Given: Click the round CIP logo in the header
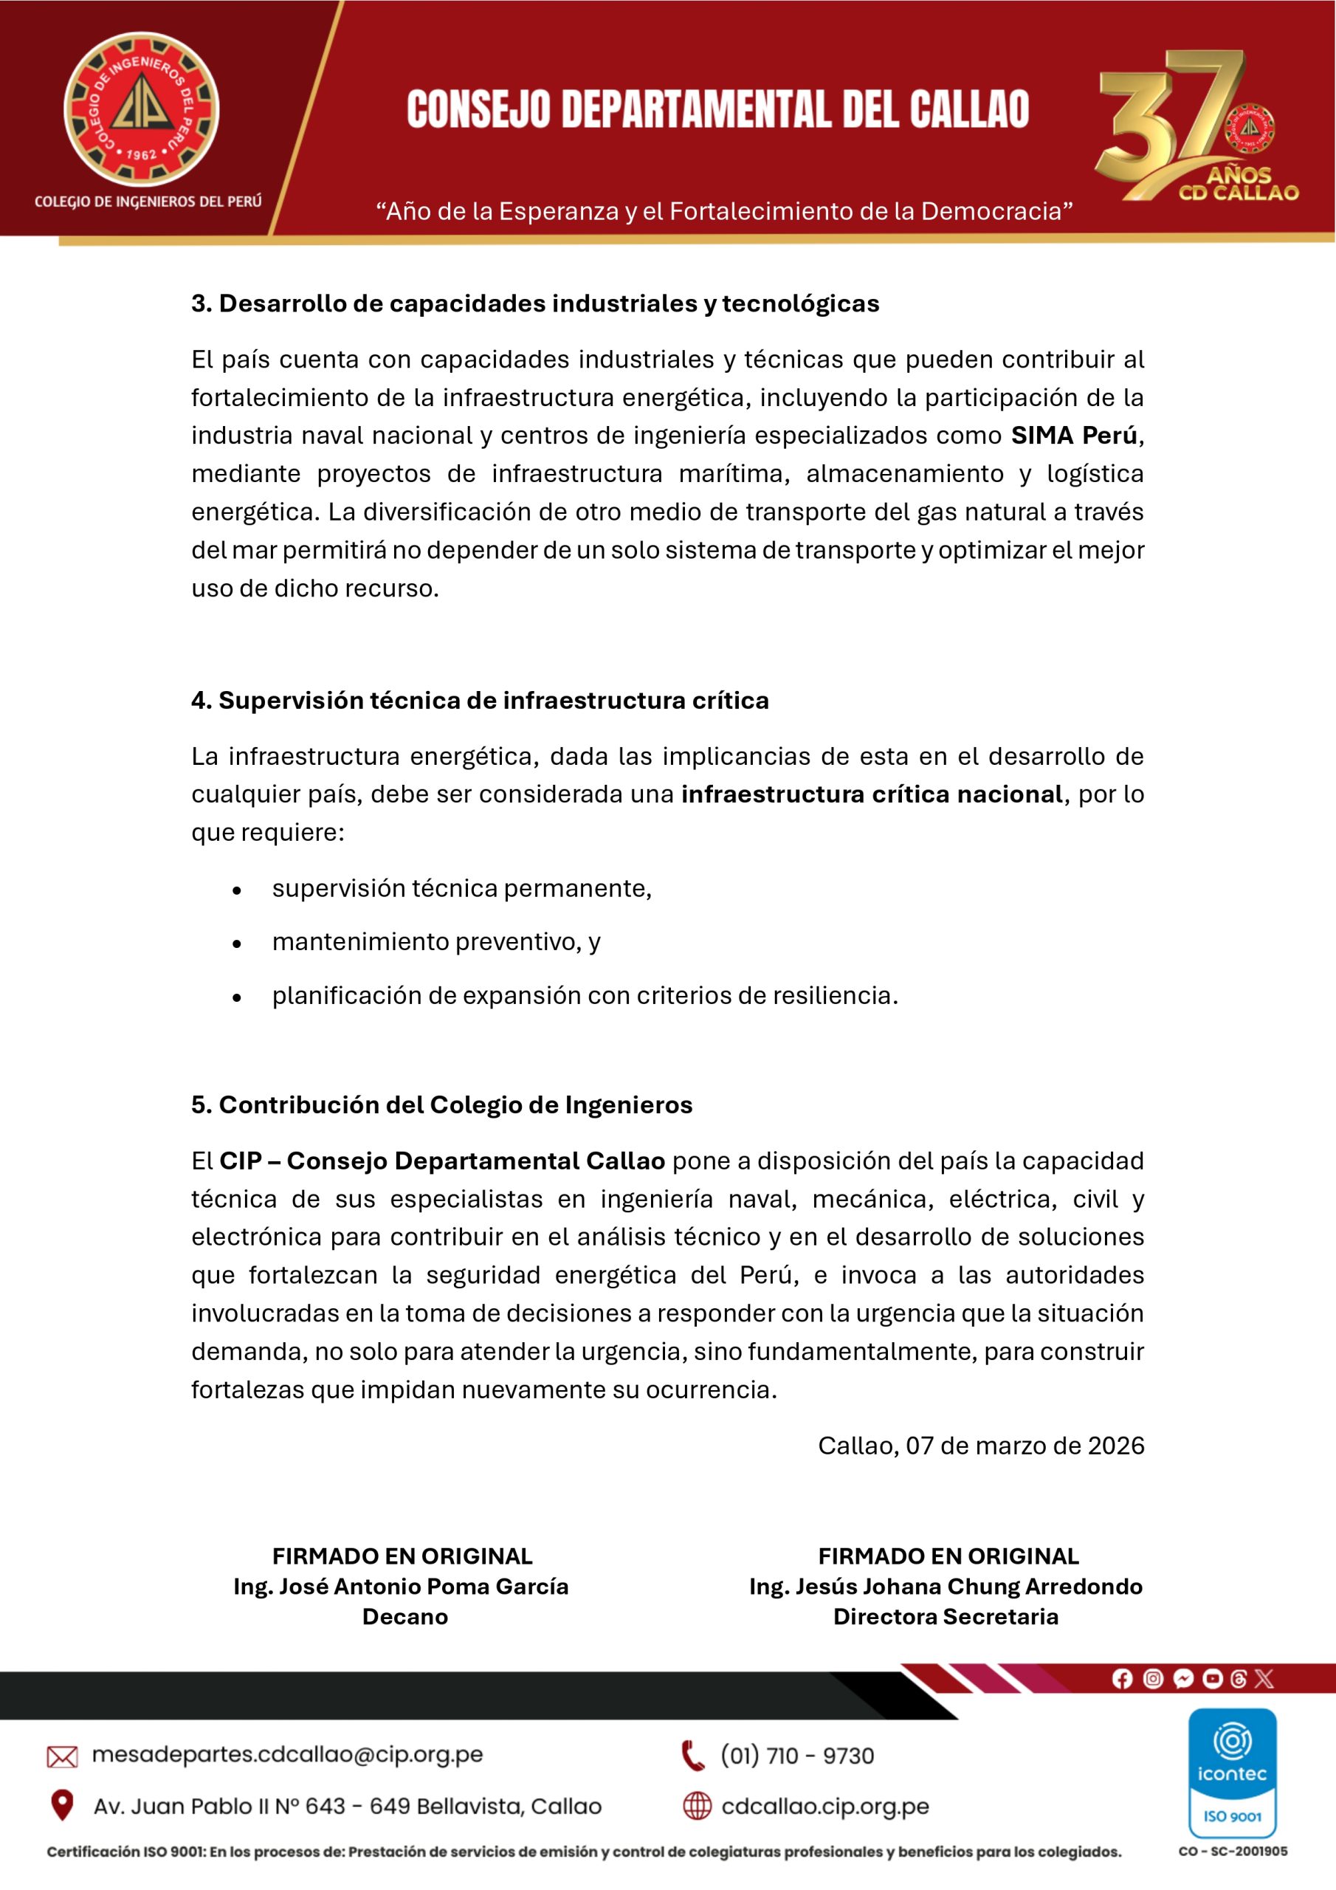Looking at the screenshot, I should click(142, 109).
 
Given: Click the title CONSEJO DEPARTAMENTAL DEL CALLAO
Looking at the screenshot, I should click(717, 109).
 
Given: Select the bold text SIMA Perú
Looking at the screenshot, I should click(1073, 436).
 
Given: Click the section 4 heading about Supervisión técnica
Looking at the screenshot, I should click(480, 701).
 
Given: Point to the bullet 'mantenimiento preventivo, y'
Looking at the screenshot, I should click(436, 942).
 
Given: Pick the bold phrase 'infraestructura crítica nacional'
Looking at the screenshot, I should click(872, 794).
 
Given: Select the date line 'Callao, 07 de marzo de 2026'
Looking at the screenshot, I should click(980, 1446).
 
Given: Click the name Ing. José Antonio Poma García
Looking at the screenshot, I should click(401, 1587).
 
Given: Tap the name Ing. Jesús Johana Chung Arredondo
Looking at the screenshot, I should click(945, 1587).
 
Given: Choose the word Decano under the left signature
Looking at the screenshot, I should click(405, 1617).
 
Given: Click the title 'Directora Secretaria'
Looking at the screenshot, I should click(945, 1617).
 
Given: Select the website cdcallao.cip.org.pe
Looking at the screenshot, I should click(824, 1806).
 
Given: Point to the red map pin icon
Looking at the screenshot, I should click(62, 1805).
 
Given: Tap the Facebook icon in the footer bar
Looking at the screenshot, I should click(1121, 1678).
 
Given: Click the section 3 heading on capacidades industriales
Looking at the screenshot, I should click(535, 303).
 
